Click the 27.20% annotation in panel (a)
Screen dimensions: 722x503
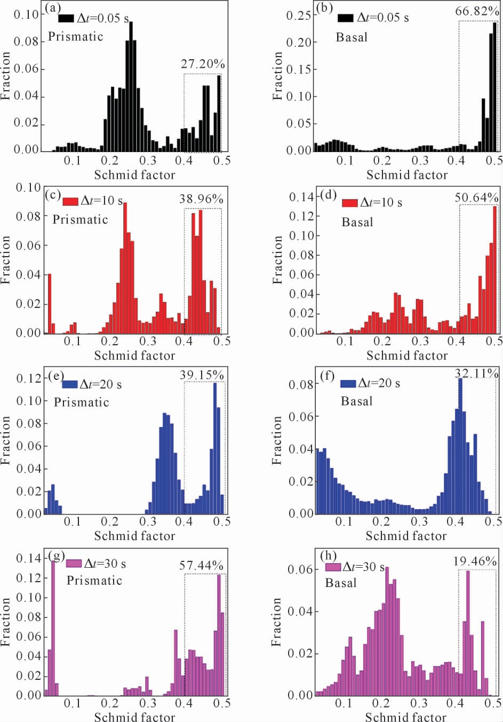(x=203, y=65)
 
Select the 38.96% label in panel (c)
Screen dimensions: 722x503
(x=201, y=200)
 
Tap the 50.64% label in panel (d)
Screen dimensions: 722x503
(x=476, y=198)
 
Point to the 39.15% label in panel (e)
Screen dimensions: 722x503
(x=202, y=375)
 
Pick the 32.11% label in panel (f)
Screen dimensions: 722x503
(x=476, y=374)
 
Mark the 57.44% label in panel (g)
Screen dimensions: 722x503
(x=201, y=566)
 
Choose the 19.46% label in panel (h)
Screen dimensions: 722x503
(x=475, y=561)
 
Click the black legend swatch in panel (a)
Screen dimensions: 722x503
(x=66, y=18)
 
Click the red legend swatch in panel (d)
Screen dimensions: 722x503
(x=349, y=203)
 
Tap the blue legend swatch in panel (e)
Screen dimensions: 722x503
(x=70, y=384)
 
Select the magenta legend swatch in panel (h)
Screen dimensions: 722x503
(x=333, y=567)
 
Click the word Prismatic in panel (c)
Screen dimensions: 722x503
(x=80, y=219)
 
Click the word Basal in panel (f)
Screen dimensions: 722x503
(x=356, y=401)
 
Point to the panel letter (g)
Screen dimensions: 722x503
(x=56, y=556)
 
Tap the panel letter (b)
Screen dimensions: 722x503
(x=324, y=7)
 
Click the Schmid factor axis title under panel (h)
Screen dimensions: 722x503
(x=406, y=717)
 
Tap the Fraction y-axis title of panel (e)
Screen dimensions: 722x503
(x=6, y=440)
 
